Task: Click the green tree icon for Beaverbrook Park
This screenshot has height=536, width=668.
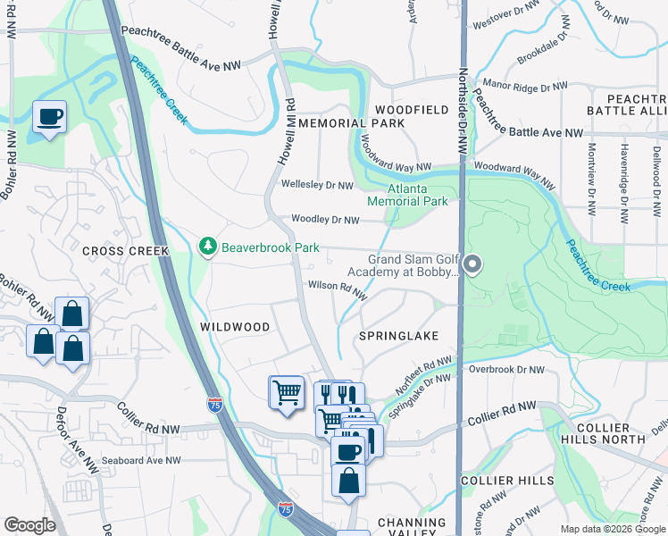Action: pyautogui.click(x=207, y=246)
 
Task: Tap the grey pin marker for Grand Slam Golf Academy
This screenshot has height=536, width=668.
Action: pyautogui.click(x=473, y=264)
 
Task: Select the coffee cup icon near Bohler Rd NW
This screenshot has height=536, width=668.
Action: pyautogui.click(x=49, y=117)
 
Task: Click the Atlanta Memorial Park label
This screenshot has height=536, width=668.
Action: pyautogui.click(x=418, y=196)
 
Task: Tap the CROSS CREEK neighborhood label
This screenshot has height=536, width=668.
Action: pyautogui.click(x=125, y=251)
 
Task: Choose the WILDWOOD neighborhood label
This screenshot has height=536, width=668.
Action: pyautogui.click(x=234, y=327)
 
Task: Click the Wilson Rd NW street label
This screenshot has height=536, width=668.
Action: pyautogui.click(x=338, y=288)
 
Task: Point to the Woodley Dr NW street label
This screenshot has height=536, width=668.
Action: pyautogui.click(x=325, y=220)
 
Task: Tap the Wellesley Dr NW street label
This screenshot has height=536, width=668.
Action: pyautogui.click(x=317, y=185)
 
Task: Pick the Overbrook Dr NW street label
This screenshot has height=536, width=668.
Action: pyautogui.click(x=506, y=369)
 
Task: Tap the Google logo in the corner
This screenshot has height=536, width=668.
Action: pyautogui.click(x=29, y=525)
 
